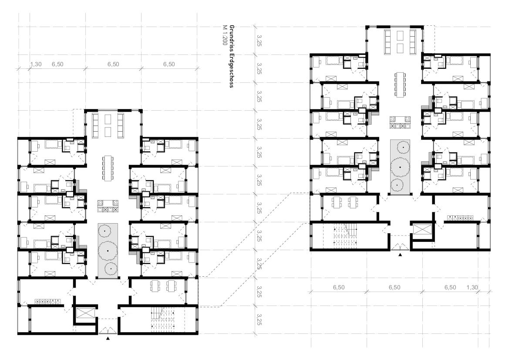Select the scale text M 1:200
[x=224, y=35]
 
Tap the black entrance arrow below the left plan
[x=108, y=339]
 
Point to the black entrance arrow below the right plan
[x=400, y=255]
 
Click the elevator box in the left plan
[x=85, y=313]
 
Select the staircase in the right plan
[x=345, y=234]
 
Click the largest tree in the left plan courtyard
[x=108, y=251]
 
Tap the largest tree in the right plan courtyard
[x=400, y=167]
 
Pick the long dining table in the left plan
[x=108, y=168]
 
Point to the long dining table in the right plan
[x=400, y=85]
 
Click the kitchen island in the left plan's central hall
[x=108, y=206]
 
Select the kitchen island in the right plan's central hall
[x=400, y=122]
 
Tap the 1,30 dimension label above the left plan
[x=36, y=65]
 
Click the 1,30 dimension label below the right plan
[x=472, y=287]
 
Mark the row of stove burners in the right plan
[x=460, y=218]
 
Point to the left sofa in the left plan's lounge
[x=95, y=125]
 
